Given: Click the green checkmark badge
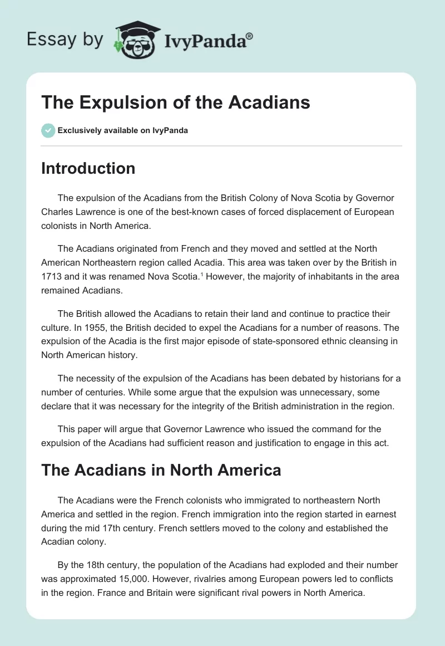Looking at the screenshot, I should (48, 130).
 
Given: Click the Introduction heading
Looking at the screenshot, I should (88, 168).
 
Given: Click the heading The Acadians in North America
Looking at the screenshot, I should (161, 471).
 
